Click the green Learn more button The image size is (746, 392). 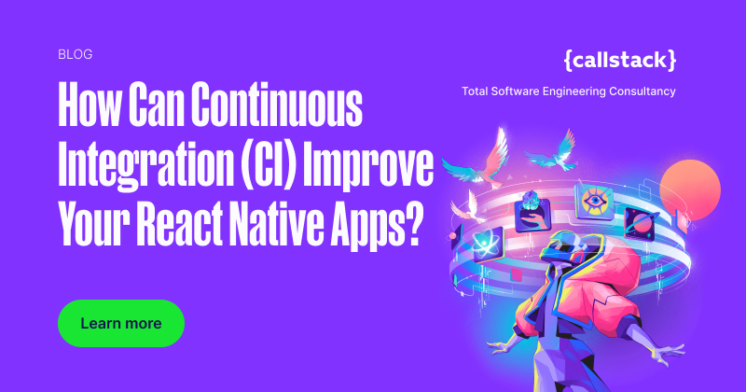click(121, 324)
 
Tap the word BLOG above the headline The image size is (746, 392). click(75, 54)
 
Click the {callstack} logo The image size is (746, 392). click(620, 60)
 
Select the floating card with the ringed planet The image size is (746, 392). click(643, 225)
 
